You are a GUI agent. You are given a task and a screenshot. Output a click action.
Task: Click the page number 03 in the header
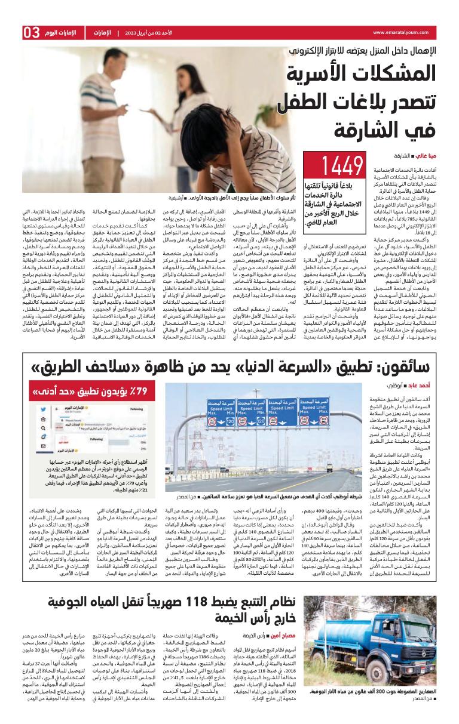pyautogui.click(x=32, y=32)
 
